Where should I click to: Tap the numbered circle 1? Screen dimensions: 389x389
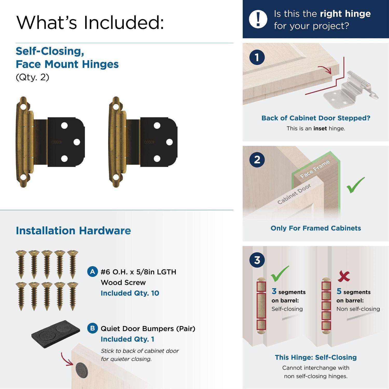257,57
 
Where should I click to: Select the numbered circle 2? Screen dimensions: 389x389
257,159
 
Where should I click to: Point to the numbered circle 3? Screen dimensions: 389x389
257,260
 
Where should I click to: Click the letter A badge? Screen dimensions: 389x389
93,272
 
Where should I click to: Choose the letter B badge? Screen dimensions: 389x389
93,329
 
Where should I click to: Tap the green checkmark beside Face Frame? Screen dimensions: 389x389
356,185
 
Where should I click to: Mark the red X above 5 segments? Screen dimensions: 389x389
344,277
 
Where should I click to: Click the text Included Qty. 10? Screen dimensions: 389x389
130,293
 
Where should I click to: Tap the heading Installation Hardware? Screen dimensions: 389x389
73,231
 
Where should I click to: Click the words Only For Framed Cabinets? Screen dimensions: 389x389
316,228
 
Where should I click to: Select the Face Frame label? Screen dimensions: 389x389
315,169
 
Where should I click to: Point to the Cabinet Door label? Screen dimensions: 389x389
294,194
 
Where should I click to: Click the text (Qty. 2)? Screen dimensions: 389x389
32,77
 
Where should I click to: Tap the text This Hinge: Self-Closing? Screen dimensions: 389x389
316,357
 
